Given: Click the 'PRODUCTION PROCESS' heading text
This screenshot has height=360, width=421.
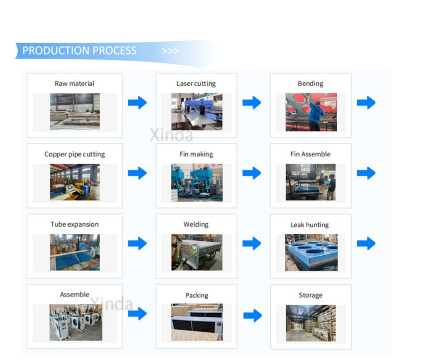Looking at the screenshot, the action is coord(79,50).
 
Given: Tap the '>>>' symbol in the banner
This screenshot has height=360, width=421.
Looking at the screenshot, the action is coord(170,51).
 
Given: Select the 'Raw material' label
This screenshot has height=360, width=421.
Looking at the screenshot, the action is coord(75,84).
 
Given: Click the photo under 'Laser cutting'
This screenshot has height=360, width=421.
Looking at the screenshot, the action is coord(197,111).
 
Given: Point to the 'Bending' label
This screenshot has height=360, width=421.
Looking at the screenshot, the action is coord(310,84).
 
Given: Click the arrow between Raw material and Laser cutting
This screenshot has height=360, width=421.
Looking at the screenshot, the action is coord(137,103).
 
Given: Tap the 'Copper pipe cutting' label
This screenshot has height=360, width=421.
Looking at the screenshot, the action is coord(75,154).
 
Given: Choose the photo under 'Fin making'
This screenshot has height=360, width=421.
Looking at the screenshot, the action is coord(197,183).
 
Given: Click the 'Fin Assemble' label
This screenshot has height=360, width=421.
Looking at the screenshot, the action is coord(310,154).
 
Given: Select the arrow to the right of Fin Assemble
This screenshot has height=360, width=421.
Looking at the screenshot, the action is coord(366,173).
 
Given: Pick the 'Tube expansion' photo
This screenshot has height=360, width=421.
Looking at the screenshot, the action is coord(75,252).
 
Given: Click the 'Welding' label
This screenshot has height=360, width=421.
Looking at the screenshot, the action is coord(196,225).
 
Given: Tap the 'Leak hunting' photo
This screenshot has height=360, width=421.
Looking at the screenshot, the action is coord(311,252).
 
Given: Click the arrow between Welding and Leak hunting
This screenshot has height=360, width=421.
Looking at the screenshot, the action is coord(252,244).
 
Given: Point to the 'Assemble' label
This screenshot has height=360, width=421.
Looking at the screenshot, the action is coord(75,294).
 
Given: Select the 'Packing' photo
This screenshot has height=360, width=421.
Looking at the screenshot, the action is coord(197,322).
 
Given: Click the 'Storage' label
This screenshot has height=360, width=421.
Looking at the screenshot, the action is coord(311,295).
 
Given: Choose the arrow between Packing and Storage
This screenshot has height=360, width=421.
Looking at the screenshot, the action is coord(253,315).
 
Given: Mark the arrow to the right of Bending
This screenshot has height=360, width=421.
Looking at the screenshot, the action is coord(366,103).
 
